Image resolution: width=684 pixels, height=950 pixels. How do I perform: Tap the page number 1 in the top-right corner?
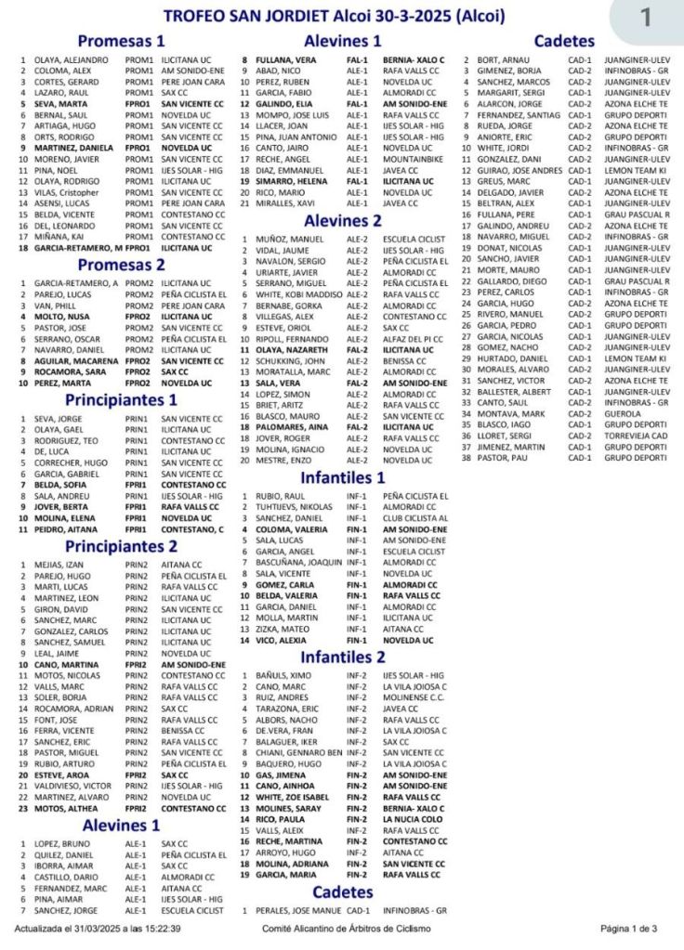646,17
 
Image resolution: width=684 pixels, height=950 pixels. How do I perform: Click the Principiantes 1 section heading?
121,400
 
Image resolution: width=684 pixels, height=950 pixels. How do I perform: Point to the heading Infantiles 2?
343,657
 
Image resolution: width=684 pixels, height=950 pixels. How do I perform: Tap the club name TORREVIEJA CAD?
635,436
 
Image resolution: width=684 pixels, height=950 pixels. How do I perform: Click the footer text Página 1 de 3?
629,928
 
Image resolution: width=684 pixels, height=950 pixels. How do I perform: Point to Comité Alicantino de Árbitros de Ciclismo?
342,928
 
